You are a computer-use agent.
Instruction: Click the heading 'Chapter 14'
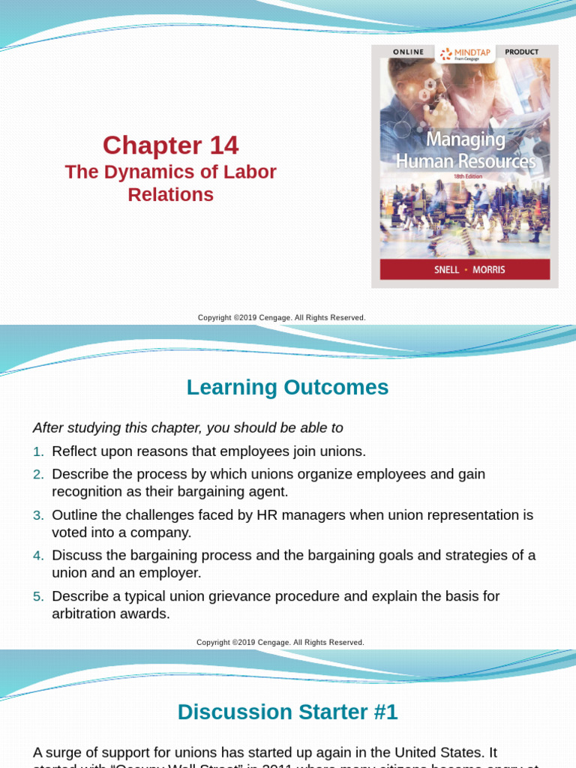click(170, 145)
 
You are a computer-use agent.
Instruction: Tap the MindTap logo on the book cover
click(466, 53)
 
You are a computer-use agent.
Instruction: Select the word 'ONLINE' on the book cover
click(408, 52)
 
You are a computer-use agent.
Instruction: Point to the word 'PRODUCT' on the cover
click(522, 52)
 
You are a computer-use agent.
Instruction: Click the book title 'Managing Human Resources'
click(465, 151)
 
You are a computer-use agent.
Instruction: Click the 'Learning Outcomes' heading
click(288, 388)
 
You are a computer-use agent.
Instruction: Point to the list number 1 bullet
click(38, 451)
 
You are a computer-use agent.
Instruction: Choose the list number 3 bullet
click(38, 515)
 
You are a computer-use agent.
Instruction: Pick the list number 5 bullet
click(38, 596)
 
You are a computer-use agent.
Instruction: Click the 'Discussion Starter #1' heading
click(288, 712)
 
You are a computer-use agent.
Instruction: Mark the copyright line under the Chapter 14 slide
click(282, 318)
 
